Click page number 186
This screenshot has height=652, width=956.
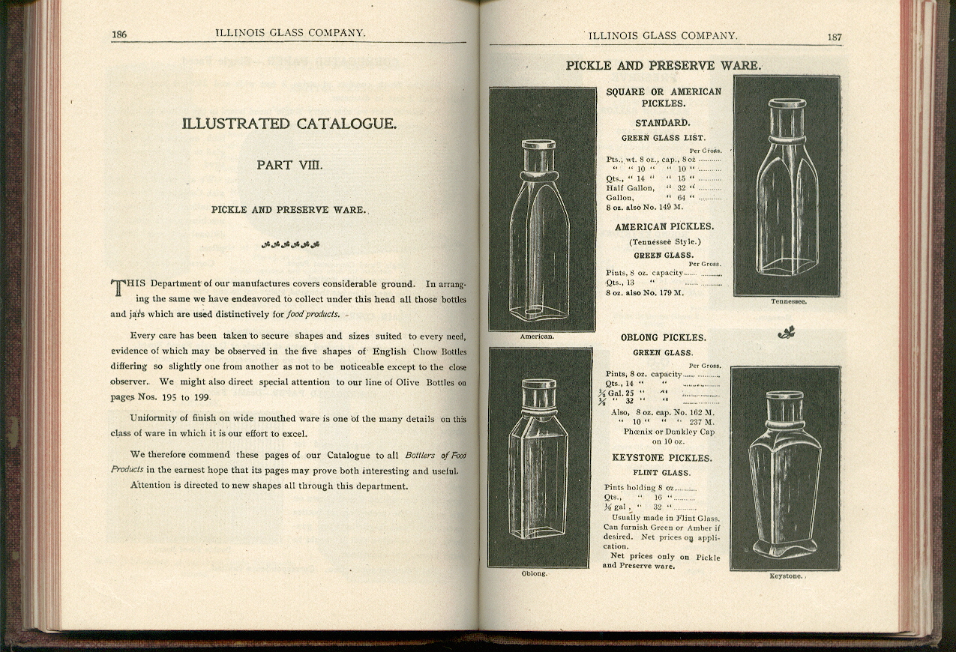click(118, 34)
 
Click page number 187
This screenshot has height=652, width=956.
click(835, 37)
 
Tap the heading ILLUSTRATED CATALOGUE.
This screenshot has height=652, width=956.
click(289, 124)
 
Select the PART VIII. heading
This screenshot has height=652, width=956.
click(289, 165)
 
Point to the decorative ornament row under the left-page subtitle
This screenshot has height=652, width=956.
click(290, 244)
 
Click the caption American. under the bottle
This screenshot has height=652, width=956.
click(537, 336)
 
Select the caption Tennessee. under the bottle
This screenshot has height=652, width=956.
click(788, 301)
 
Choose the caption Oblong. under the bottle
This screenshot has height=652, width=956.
click(534, 573)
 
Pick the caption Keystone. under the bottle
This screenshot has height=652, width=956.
click(786, 576)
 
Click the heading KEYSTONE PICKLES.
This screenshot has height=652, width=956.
click(661, 458)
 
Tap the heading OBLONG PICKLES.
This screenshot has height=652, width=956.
click(663, 338)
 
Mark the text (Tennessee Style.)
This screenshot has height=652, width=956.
click(664, 241)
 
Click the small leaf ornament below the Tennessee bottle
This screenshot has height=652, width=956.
click(787, 331)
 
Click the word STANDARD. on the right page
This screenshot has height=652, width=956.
click(663, 123)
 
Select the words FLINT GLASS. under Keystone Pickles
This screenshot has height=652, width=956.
click(661, 473)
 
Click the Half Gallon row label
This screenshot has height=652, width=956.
click(630, 188)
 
